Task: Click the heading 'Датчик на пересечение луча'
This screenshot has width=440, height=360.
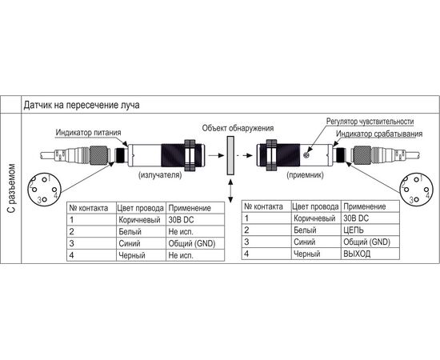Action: click(x=82, y=106)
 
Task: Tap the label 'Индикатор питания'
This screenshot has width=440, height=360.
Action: click(x=88, y=133)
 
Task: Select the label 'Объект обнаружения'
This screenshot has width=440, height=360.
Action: click(x=238, y=128)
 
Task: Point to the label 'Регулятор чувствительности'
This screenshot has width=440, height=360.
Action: click(x=370, y=122)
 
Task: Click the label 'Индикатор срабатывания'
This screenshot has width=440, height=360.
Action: click(x=379, y=134)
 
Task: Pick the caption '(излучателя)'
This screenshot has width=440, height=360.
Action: click(x=160, y=175)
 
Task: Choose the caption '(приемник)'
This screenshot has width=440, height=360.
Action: click(x=305, y=175)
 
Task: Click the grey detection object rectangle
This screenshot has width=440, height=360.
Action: click(x=230, y=156)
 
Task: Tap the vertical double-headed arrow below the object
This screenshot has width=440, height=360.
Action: click(x=230, y=191)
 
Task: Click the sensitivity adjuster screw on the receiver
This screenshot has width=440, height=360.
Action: click(x=306, y=154)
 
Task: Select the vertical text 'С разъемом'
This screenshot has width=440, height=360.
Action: click(x=11, y=188)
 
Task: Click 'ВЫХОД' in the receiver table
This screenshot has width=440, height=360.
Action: click(x=357, y=254)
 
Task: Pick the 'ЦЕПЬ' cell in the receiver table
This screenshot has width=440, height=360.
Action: click(x=354, y=230)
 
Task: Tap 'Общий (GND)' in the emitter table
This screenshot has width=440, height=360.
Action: click(x=192, y=243)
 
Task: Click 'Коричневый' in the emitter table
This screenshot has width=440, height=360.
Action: click(x=139, y=220)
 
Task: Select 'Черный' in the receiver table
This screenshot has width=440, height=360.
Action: click(x=306, y=254)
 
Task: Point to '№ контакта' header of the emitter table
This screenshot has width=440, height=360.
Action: click(x=89, y=208)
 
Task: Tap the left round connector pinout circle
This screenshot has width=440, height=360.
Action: click(x=44, y=190)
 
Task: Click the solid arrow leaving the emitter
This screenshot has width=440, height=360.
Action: click(x=216, y=155)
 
